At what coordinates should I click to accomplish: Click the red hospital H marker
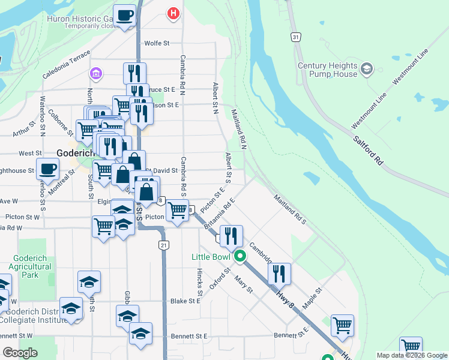(173, 13)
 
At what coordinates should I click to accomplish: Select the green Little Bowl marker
(240, 257)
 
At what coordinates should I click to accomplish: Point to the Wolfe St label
(157, 43)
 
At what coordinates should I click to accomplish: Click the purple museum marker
(95, 74)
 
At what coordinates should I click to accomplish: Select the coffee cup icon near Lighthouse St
(47, 168)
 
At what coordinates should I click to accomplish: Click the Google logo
(20, 353)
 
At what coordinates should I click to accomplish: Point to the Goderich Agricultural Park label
(30, 266)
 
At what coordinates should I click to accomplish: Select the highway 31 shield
(295, 37)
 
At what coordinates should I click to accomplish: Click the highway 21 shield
(163, 245)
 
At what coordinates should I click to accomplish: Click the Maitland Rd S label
(291, 210)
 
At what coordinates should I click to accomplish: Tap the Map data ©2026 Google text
(412, 355)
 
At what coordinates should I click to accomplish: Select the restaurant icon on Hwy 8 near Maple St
(279, 273)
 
